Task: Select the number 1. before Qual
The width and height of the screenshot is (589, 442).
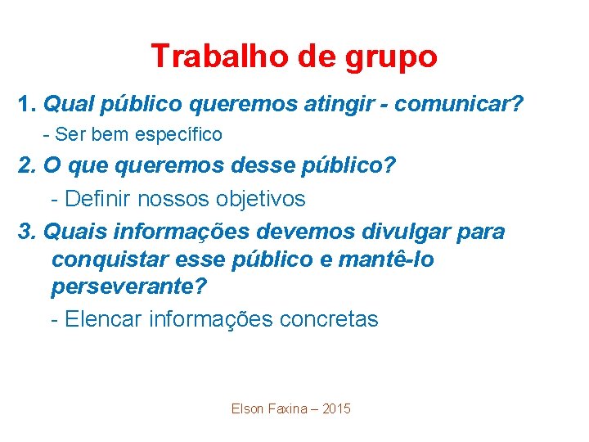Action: pyautogui.click(x=28, y=105)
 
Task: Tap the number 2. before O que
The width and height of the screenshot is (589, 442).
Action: pyautogui.click(x=28, y=165)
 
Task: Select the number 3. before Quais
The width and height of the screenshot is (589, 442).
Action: pyautogui.click(x=28, y=232)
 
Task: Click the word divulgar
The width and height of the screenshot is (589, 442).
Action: pyautogui.click(x=390, y=232)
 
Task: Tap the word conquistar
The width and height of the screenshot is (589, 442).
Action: pyautogui.click(x=110, y=260)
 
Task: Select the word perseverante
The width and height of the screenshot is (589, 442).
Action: pyautogui.click(x=125, y=288)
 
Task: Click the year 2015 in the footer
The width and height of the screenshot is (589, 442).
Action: pyautogui.click(x=336, y=408)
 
